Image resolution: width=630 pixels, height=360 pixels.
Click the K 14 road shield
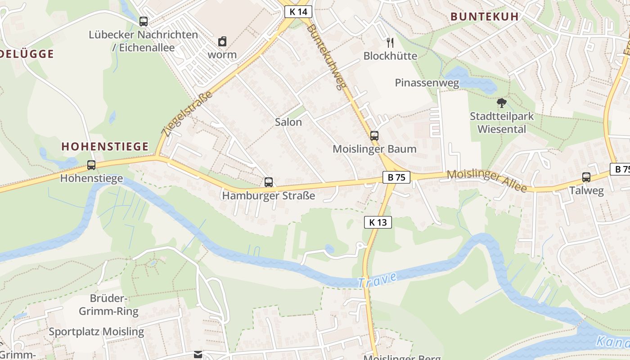point(298,12)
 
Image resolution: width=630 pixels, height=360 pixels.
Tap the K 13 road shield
point(378,222)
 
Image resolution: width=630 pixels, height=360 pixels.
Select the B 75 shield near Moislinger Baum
point(396,177)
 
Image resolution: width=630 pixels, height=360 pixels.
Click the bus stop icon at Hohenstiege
point(91,165)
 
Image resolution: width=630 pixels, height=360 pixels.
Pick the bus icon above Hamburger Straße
point(269,182)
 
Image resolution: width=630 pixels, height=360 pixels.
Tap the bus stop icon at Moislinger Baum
point(374,135)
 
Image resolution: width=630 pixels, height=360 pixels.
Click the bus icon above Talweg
point(586,177)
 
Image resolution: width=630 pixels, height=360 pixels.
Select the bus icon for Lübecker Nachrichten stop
point(144,21)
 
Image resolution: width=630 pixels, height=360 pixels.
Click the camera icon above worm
point(222,42)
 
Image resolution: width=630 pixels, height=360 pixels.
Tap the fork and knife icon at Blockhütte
point(390,43)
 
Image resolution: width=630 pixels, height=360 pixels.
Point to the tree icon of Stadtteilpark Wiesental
point(501,103)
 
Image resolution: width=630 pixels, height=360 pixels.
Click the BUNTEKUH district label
point(485,17)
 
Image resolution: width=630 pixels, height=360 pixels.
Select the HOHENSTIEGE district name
point(105,146)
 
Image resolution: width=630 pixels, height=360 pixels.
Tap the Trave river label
point(378,279)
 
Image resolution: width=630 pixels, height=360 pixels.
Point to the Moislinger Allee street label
point(486,181)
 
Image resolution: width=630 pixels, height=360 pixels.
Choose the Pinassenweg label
point(427,83)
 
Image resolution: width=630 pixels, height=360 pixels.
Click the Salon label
point(288,122)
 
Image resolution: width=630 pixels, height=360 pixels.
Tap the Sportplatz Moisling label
point(96,332)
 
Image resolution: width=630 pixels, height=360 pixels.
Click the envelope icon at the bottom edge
point(198,355)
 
